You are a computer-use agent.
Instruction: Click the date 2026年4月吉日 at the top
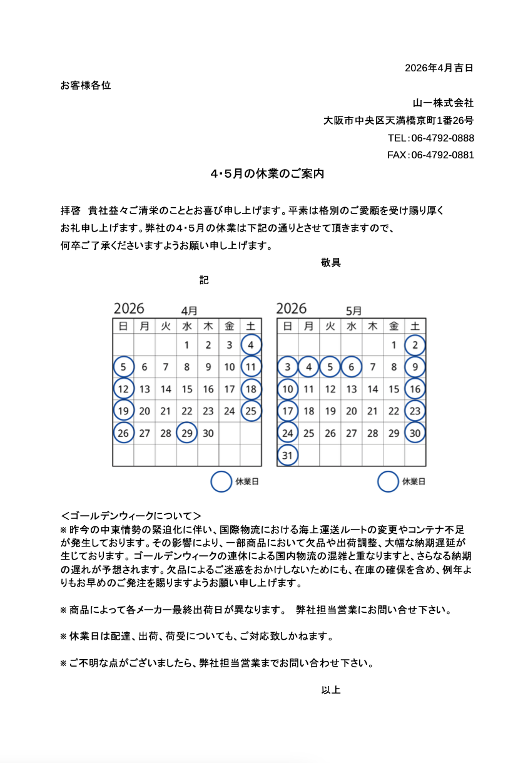[x=439, y=68]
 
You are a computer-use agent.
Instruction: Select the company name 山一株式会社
[x=442, y=103]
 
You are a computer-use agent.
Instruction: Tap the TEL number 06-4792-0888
[x=442, y=138]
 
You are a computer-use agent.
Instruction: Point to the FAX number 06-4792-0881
[x=442, y=155]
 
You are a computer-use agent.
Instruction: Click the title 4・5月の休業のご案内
[x=267, y=174]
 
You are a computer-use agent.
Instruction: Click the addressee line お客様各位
[x=86, y=85]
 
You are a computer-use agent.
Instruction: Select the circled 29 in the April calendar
[x=187, y=433]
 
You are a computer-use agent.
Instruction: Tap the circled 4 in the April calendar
[x=251, y=345]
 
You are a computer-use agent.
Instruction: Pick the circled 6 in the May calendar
[x=352, y=367]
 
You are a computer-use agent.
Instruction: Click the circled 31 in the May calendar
[x=287, y=455]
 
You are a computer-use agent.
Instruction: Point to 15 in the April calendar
[x=187, y=389]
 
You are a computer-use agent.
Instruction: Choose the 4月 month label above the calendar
[x=190, y=310]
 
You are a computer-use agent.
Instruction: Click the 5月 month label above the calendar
[x=353, y=310]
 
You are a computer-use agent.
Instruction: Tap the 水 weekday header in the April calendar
[x=187, y=325]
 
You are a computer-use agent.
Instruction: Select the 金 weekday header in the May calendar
[x=394, y=325]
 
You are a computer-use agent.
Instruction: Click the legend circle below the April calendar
[x=221, y=481]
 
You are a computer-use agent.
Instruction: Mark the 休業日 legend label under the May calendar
[x=414, y=481]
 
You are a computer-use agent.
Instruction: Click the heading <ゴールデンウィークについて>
[x=131, y=516]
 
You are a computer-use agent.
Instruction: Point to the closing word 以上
[x=330, y=690]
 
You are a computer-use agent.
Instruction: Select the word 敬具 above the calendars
[x=330, y=263]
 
